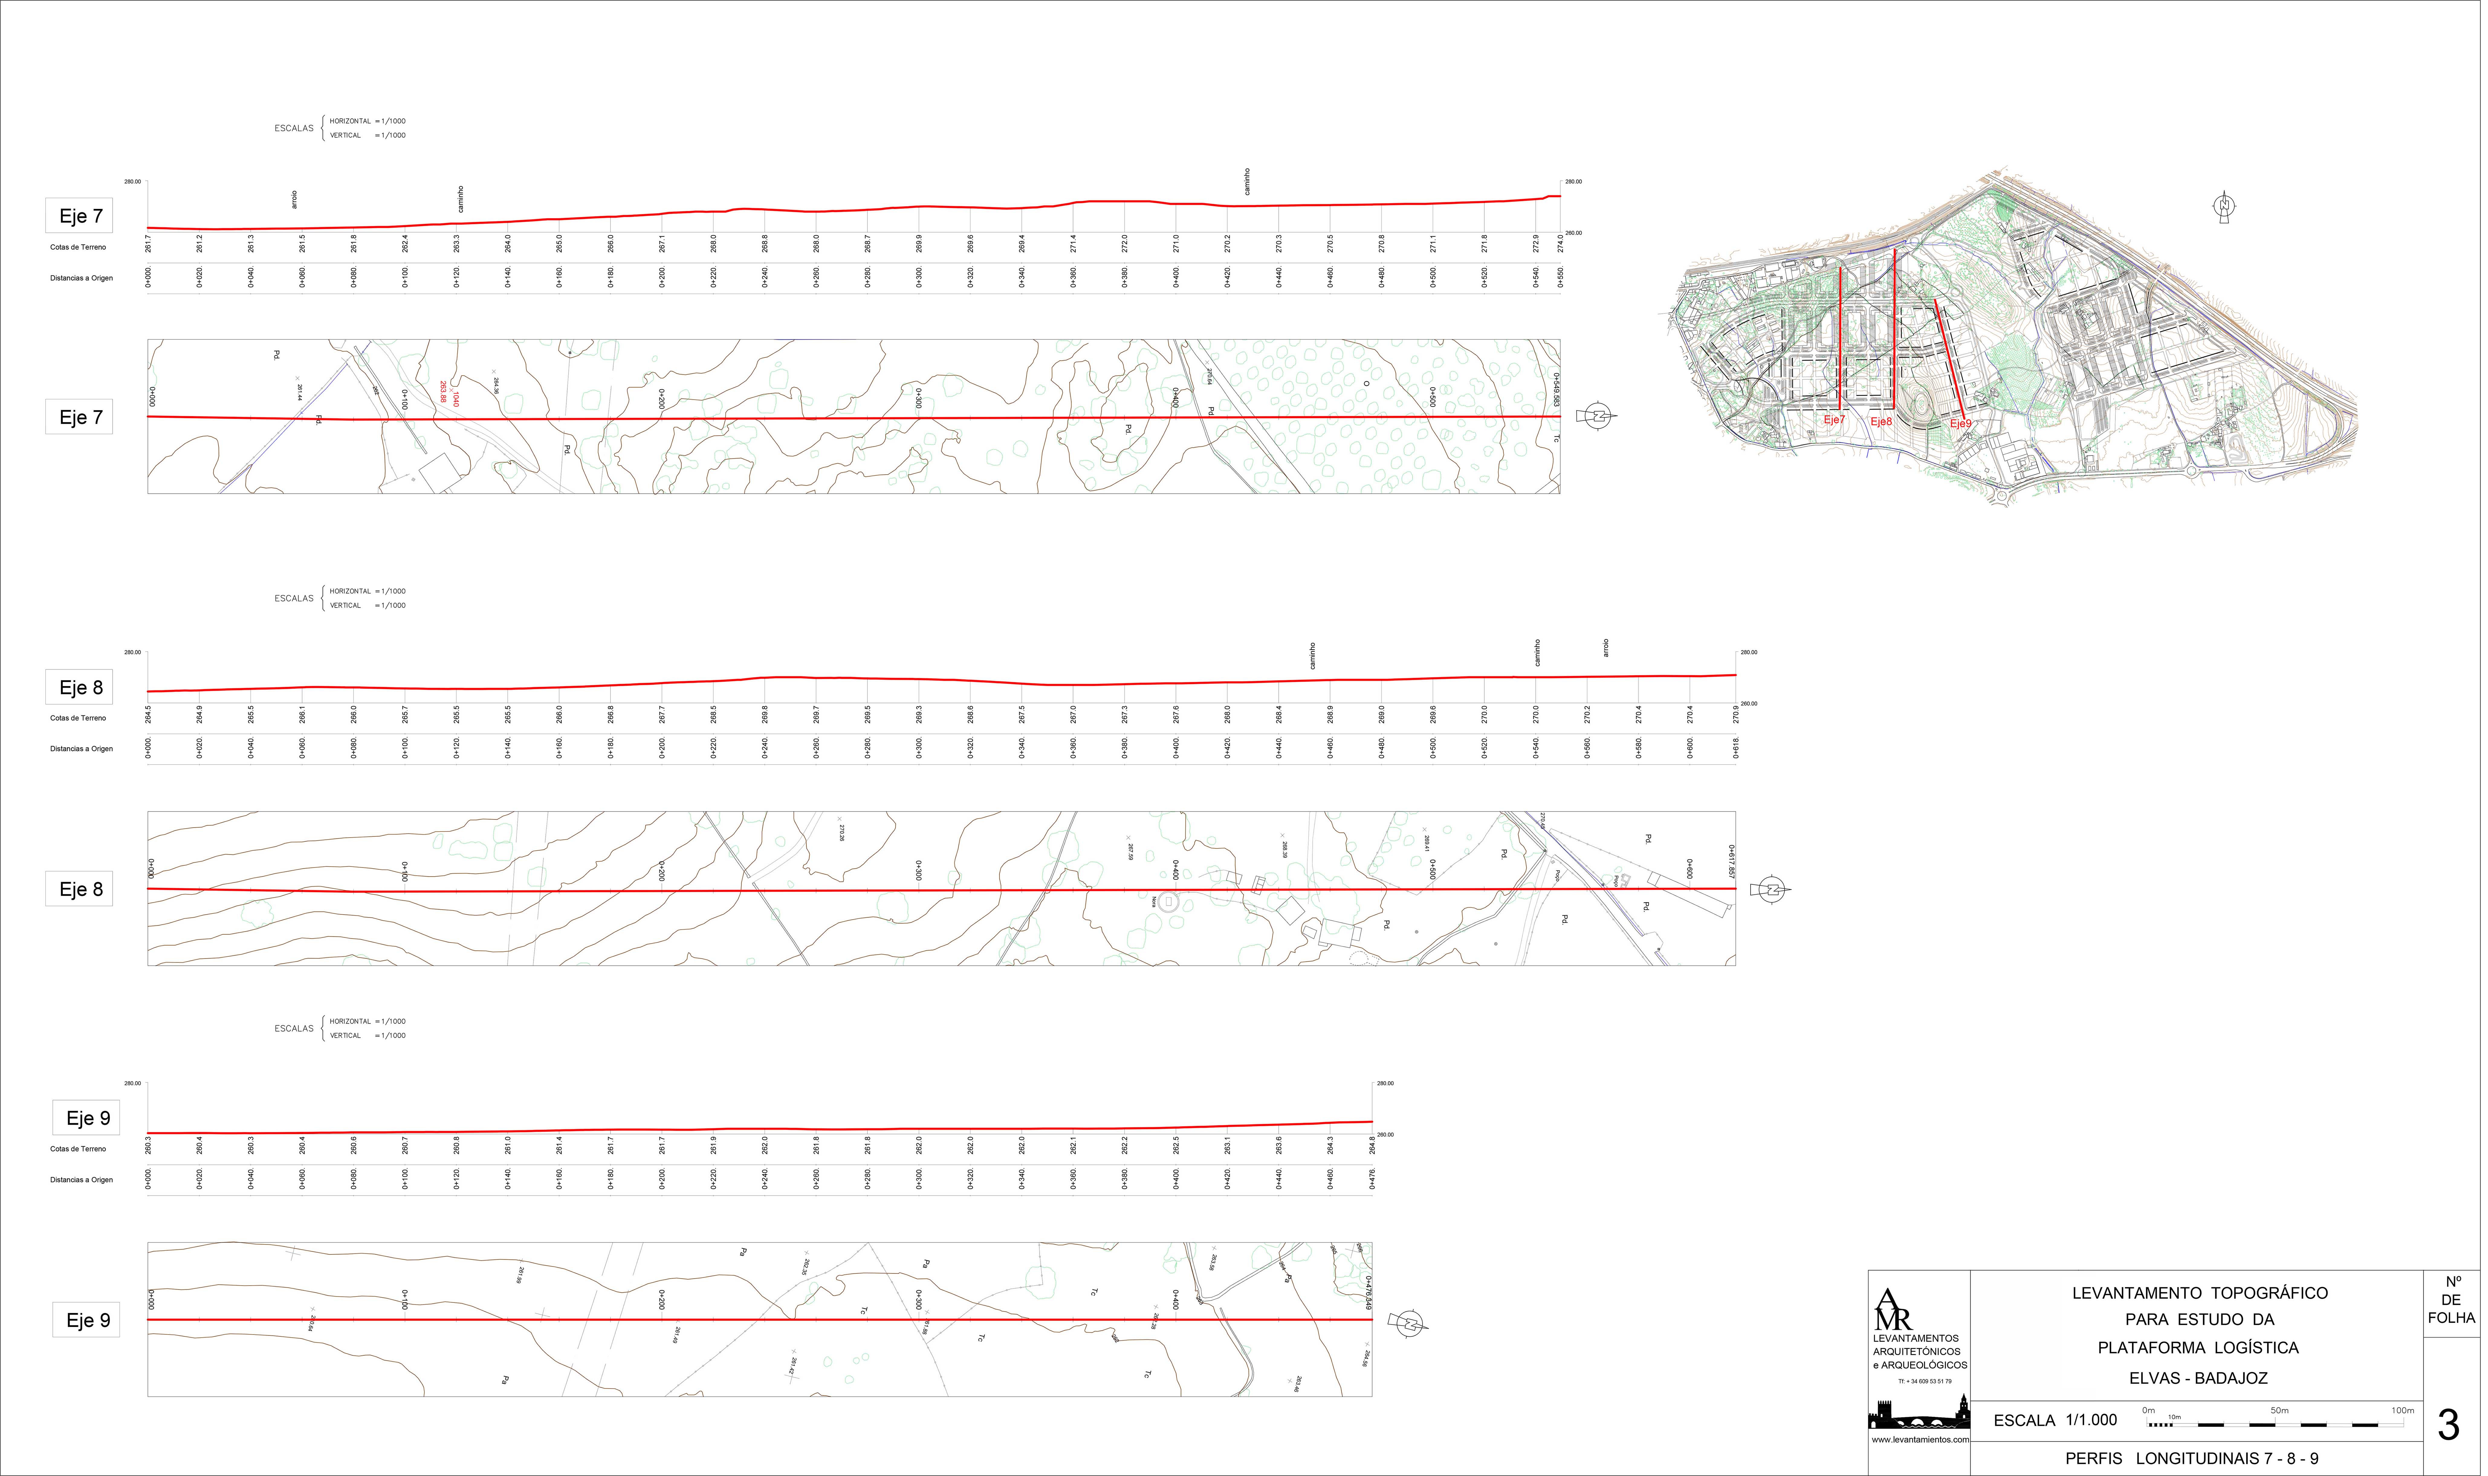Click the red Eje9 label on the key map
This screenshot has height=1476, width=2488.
[1960, 424]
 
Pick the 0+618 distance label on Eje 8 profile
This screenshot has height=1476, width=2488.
[1736, 748]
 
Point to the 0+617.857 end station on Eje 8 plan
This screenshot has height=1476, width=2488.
[1731, 861]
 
